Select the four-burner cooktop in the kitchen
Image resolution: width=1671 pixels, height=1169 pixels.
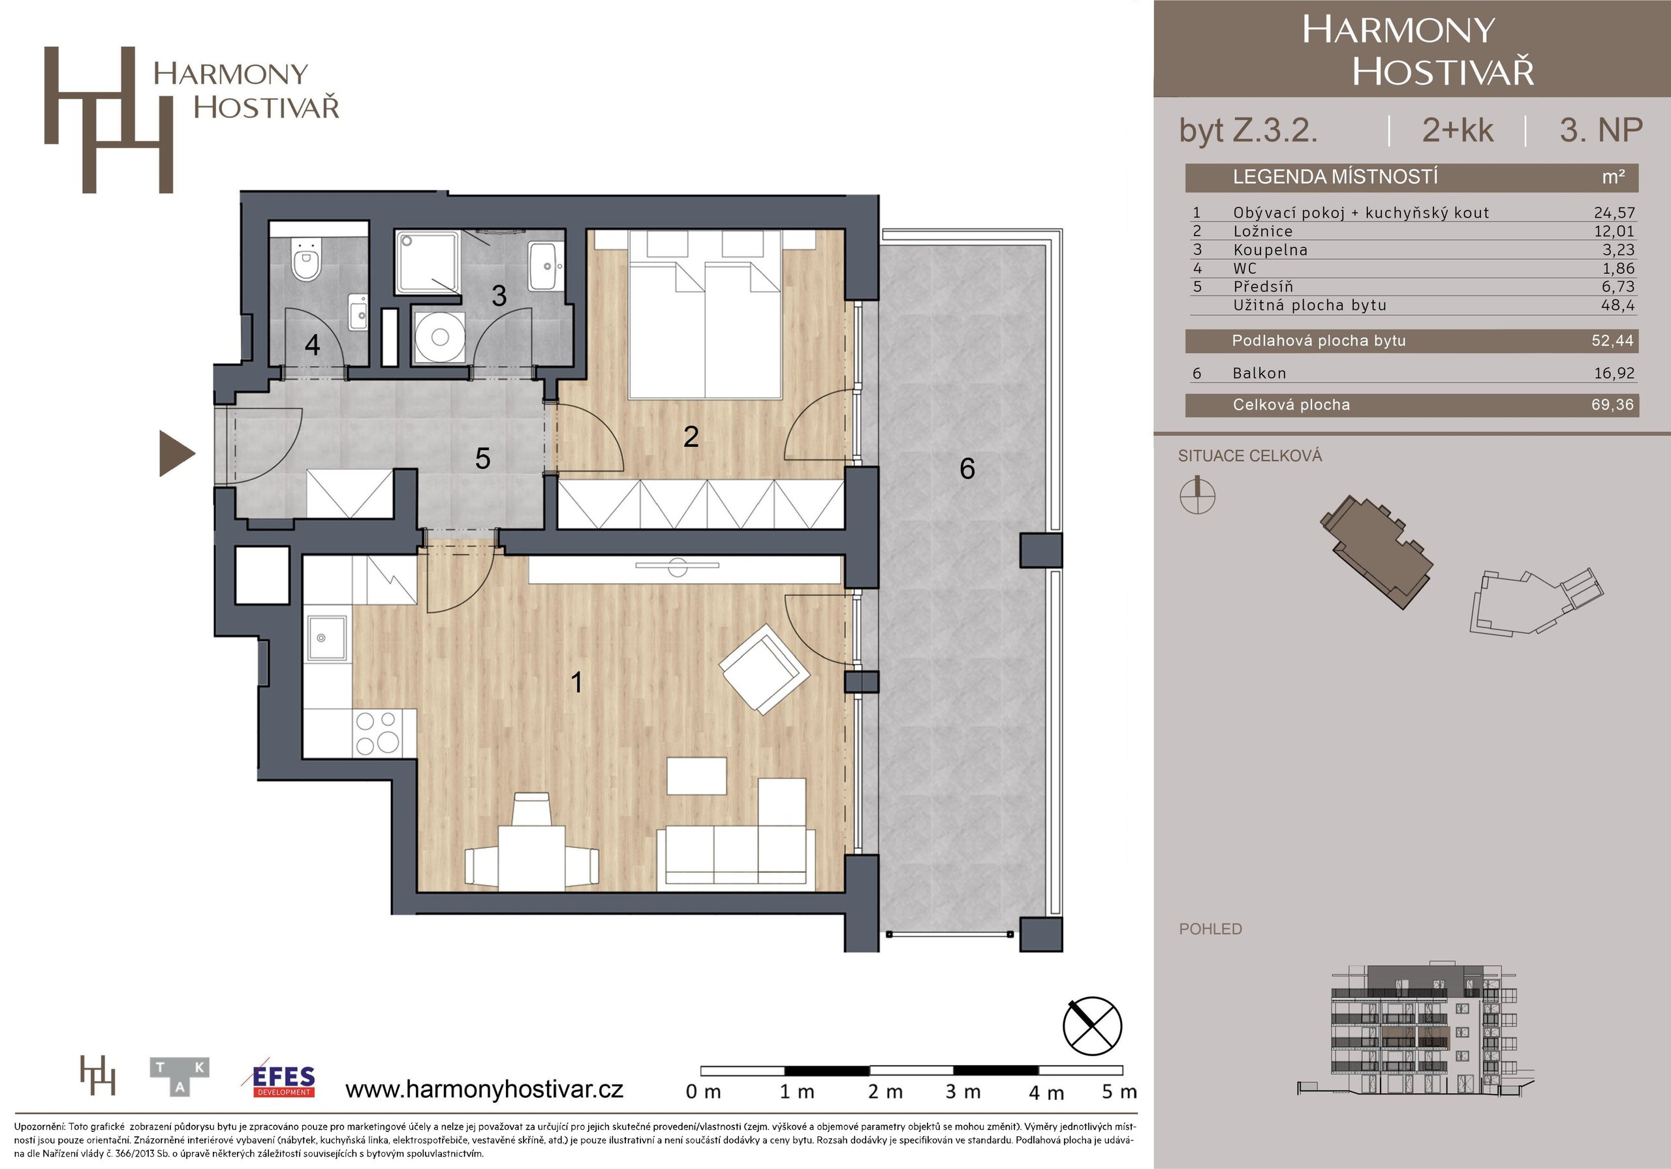(377, 733)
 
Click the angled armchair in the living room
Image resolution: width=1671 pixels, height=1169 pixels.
(764, 669)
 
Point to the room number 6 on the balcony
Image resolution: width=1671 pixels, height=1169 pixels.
(967, 468)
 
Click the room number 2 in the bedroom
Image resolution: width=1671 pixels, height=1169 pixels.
(691, 436)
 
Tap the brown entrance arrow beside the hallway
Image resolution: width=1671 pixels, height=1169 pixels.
(177, 453)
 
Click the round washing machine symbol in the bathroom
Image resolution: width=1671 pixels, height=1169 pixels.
(439, 336)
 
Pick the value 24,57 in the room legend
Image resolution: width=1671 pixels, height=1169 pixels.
(1614, 213)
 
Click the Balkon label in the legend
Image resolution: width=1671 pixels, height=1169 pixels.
(1259, 373)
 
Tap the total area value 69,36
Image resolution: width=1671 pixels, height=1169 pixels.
(1613, 404)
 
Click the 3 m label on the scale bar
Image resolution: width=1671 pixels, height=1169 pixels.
(963, 1092)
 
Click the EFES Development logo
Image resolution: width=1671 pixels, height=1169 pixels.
(283, 1080)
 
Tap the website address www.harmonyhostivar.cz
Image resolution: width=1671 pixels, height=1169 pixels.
(484, 1089)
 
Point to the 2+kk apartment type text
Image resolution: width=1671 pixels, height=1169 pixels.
(1458, 130)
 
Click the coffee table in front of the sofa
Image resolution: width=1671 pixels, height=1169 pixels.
(696, 776)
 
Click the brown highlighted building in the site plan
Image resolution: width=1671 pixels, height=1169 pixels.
(1375, 551)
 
